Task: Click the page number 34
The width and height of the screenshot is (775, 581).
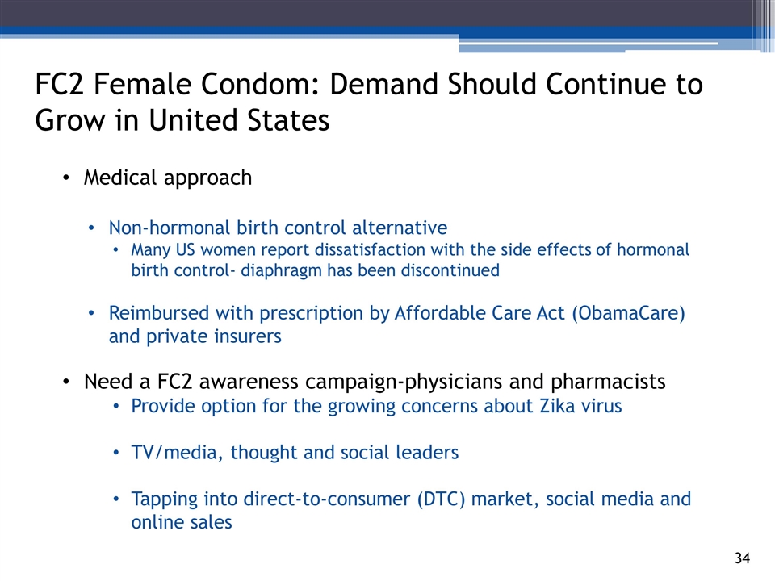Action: click(742, 558)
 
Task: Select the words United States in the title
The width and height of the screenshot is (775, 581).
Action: click(239, 120)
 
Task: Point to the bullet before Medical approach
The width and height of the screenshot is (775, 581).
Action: click(66, 178)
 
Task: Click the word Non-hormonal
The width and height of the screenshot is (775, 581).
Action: click(170, 228)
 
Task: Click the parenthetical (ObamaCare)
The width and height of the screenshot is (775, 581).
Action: click(629, 313)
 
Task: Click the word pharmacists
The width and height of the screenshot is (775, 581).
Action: click(608, 382)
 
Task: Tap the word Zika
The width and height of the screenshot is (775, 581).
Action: click(557, 406)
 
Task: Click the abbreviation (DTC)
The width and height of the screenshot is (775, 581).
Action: click(441, 499)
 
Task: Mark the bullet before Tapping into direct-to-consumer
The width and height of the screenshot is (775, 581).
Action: click(115, 499)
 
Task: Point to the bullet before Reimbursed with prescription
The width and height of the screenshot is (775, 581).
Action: click(91, 313)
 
